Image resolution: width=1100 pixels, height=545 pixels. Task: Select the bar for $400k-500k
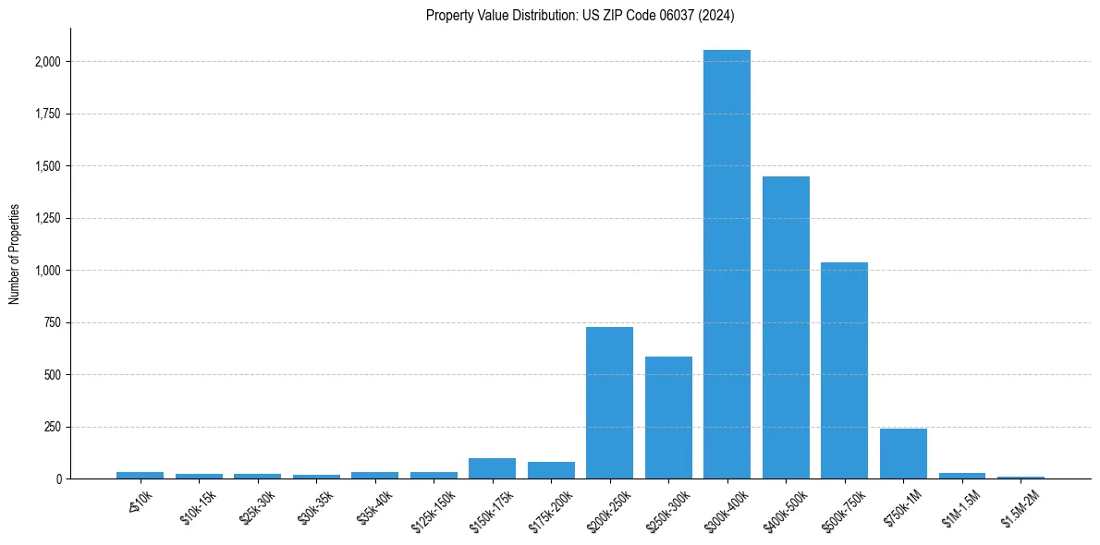[786, 327]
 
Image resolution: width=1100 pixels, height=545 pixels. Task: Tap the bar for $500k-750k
[844, 370]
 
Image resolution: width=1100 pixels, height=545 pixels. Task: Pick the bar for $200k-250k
[609, 403]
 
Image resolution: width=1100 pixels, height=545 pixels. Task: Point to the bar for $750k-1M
[903, 454]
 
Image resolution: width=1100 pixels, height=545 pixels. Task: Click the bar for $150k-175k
[492, 468]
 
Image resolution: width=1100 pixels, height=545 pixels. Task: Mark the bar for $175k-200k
[551, 470]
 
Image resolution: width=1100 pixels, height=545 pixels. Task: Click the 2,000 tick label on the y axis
[47, 62]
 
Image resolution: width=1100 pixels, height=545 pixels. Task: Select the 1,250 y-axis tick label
[47, 219]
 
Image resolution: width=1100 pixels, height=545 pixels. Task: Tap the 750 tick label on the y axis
[52, 323]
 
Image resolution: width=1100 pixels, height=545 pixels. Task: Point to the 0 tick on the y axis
[58, 479]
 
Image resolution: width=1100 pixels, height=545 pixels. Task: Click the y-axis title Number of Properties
[14, 254]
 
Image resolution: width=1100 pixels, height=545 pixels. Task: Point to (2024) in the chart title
[717, 15]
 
